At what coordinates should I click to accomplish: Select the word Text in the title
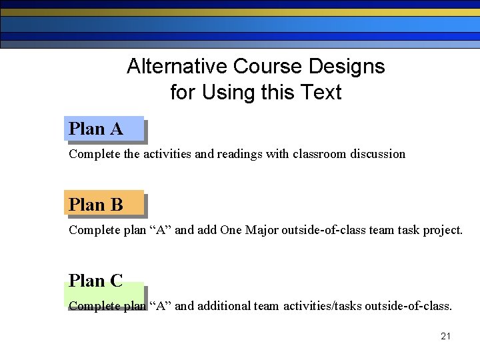coord(321,92)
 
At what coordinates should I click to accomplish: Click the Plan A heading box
coord(104,129)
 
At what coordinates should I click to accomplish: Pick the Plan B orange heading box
coord(104,205)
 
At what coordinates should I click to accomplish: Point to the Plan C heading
coord(96,281)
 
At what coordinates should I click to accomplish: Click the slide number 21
coord(445,336)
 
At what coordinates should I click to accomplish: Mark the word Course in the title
coord(267,67)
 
